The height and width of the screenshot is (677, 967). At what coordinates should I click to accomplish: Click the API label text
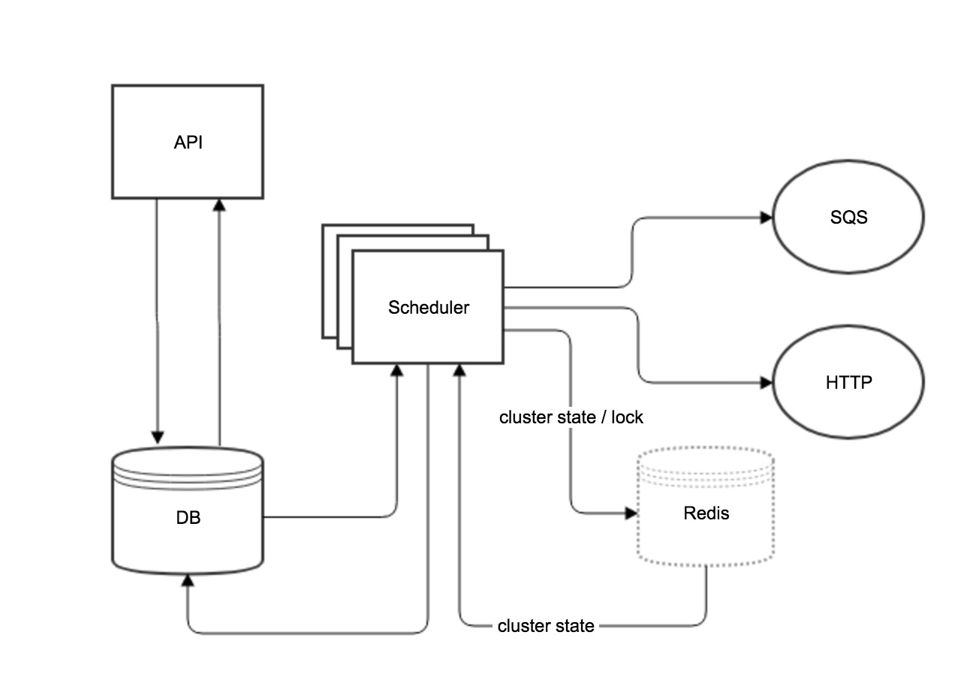coord(188,143)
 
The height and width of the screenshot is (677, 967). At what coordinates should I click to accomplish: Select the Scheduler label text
coord(429,308)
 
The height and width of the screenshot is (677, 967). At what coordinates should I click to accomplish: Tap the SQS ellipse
coord(848,218)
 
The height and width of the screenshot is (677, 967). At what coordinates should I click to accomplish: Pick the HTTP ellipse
coord(848,383)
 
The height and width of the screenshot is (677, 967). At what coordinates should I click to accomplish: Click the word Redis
coord(706,513)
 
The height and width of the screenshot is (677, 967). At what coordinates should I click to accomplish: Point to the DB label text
coord(188,518)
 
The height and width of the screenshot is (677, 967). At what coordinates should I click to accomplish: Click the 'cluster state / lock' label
coord(571,417)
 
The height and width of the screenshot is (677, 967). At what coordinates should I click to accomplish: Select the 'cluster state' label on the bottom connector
coord(546,626)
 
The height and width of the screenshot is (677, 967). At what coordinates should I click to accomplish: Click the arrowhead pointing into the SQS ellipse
coord(767,218)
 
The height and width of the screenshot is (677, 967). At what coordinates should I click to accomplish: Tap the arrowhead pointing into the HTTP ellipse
coord(767,383)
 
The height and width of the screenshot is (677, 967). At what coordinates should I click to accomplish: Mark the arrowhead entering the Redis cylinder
coord(631,513)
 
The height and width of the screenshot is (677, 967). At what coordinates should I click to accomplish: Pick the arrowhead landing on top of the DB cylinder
coord(158,438)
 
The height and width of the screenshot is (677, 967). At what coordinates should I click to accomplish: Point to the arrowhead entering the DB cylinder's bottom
coord(188,580)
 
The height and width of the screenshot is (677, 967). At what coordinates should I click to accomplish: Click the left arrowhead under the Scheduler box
coord(398,370)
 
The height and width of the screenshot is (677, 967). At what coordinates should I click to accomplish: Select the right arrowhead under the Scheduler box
coord(459,370)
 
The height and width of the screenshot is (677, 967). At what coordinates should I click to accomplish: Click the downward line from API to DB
coord(158,315)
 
